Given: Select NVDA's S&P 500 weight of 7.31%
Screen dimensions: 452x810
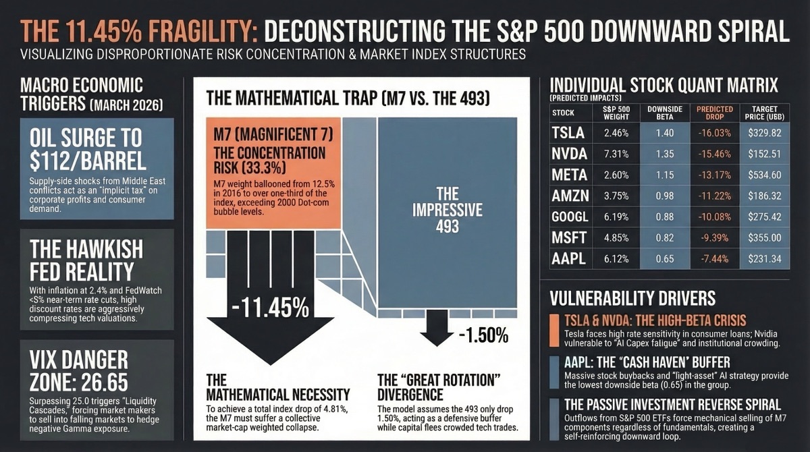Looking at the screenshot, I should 616,154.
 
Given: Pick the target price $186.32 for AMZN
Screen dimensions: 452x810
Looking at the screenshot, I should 763,196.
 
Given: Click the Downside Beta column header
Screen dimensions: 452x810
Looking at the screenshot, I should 664,113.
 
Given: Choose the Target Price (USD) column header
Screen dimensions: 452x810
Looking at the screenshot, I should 763,113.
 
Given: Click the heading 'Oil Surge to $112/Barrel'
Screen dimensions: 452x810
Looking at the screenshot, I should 86,149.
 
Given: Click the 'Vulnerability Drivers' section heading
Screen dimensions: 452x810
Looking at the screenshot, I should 632,298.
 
